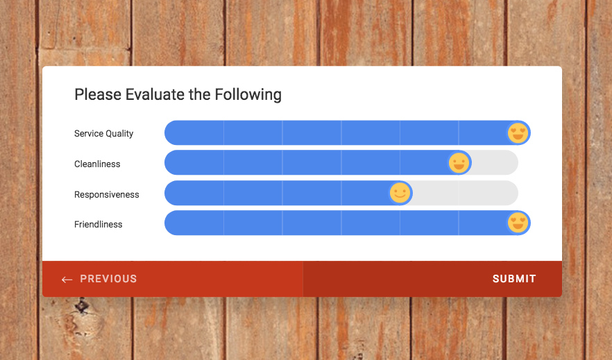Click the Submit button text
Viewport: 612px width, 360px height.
pos(514,279)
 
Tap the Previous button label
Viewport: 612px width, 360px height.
pos(108,279)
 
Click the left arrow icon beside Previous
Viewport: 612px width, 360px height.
pos(67,280)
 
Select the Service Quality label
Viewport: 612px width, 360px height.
pos(103,133)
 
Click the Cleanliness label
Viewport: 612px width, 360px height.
pos(97,164)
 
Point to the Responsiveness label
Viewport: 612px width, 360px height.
pos(107,194)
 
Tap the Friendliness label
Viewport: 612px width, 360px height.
pos(98,224)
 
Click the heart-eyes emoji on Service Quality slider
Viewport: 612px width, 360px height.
pos(518,133)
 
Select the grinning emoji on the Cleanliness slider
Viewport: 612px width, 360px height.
pos(459,162)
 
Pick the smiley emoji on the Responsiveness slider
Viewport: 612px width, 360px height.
pos(400,193)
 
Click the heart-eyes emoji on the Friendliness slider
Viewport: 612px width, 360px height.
pos(518,223)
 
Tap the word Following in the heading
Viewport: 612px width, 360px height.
pos(248,95)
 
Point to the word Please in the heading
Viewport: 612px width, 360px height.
pos(98,94)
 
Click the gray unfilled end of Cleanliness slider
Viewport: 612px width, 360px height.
pos(495,162)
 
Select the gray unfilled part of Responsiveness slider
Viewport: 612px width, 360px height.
pos(465,193)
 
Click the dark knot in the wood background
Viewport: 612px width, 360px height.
pos(82,305)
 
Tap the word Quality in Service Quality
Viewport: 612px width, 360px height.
pos(119,134)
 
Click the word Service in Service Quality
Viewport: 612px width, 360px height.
pos(89,133)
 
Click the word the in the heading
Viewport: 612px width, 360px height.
pos(199,94)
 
